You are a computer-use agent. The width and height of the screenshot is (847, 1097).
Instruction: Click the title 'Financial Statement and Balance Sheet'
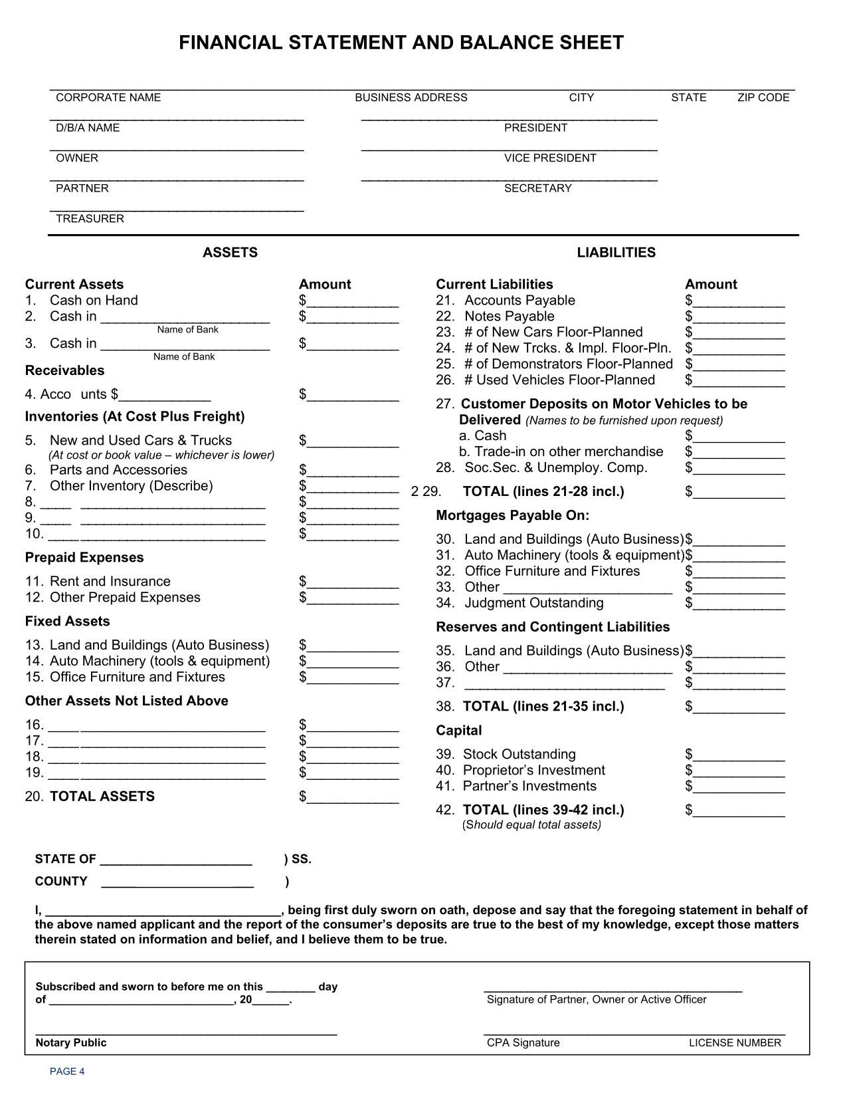(x=401, y=43)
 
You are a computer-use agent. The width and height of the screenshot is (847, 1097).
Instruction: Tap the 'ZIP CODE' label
(x=763, y=98)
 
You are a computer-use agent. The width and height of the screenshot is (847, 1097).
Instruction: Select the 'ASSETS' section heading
(x=230, y=253)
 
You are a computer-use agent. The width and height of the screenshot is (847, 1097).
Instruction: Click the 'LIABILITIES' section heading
(x=616, y=253)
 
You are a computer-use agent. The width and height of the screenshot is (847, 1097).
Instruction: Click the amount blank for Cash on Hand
(x=352, y=302)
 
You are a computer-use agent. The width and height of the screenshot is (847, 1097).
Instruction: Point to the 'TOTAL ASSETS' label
(x=102, y=796)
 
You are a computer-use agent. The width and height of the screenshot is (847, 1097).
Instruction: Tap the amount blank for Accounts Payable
(x=738, y=302)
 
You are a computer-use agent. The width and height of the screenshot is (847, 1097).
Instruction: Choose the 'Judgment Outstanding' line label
(x=534, y=603)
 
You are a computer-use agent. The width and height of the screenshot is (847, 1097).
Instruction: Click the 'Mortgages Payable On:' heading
(x=512, y=515)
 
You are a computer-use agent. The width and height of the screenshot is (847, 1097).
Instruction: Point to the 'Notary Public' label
(x=71, y=1042)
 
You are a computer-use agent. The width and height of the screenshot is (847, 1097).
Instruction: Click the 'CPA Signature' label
(x=523, y=1042)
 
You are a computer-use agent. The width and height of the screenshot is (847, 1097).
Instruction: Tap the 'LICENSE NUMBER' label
(x=735, y=1042)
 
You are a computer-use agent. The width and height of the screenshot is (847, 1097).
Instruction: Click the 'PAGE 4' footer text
(x=67, y=1071)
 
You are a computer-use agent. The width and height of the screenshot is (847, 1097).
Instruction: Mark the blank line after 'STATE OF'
(x=176, y=862)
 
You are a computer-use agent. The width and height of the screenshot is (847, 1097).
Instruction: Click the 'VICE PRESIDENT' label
(x=550, y=158)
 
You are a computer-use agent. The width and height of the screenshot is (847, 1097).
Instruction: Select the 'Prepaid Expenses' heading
(x=84, y=557)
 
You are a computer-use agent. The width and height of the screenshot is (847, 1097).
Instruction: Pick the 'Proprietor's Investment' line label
(x=534, y=771)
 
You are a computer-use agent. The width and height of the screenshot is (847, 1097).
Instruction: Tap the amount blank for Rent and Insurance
(x=352, y=583)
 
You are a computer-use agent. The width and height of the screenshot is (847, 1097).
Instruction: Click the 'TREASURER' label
(x=90, y=219)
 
